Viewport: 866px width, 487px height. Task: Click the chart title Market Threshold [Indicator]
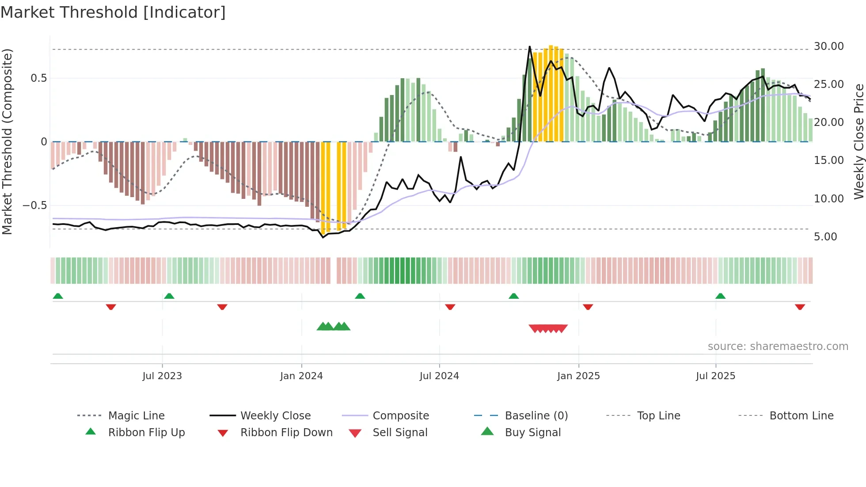point(113,12)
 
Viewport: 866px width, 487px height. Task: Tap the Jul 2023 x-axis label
point(162,376)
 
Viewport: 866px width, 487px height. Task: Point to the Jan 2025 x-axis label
point(578,376)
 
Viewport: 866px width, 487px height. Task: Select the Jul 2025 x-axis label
point(715,376)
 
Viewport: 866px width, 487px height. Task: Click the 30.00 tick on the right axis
point(828,46)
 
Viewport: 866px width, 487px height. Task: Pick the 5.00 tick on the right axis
point(825,237)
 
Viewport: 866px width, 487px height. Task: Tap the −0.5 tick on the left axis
point(35,205)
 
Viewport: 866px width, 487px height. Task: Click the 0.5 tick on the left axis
point(38,78)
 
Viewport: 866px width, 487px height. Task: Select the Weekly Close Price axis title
point(858,141)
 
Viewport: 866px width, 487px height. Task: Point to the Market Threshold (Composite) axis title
point(7,141)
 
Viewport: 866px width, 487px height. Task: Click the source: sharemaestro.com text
point(778,346)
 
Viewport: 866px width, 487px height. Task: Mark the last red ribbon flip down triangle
point(800,307)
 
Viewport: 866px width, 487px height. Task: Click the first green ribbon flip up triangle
point(58,296)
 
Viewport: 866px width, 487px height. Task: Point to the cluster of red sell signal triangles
point(548,328)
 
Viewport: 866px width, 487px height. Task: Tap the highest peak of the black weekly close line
point(530,47)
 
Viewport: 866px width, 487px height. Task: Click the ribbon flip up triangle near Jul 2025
point(720,296)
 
